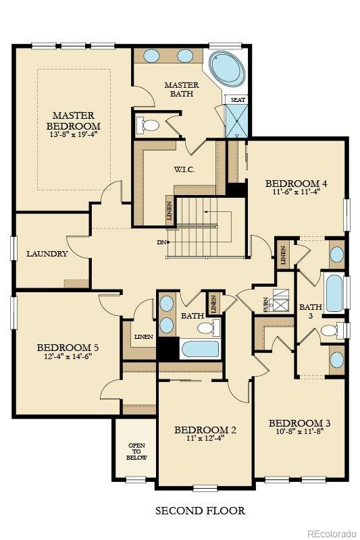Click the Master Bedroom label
point(73,120)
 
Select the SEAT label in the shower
point(238,99)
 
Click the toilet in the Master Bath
point(148,125)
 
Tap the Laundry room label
point(47,254)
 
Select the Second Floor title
point(200,510)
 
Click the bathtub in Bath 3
point(334,292)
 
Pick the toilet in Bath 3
point(329,330)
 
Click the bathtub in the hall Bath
point(199,350)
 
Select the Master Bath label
point(181,89)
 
